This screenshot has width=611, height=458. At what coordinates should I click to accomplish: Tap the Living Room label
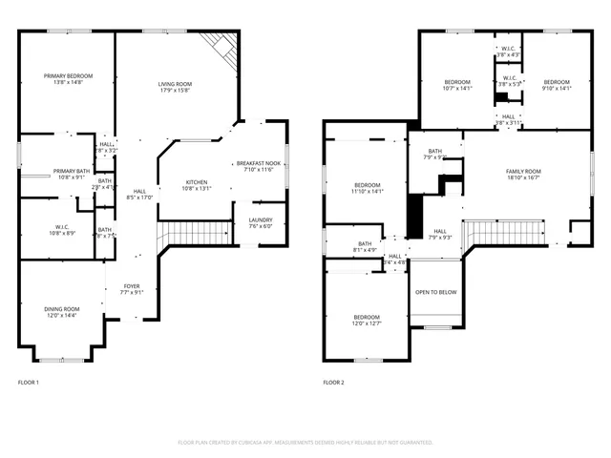[x=175, y=88]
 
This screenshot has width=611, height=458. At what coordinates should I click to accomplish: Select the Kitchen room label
[x=197, y=184]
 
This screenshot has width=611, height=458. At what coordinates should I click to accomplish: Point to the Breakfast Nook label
[x=259, y=165]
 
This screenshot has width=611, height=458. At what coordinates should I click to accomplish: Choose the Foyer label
[x=132, y=289]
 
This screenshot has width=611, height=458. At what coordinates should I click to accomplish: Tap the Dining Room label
[x=62, y=312]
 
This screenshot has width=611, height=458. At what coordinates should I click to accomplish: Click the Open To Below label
[x=435, y=292]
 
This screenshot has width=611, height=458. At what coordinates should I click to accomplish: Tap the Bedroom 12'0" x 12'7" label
[x=367, y=320]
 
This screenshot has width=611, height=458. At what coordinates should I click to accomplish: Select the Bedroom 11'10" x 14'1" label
[x=368, y=188]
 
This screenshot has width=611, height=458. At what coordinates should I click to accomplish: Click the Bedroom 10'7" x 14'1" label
[x=457, y=85]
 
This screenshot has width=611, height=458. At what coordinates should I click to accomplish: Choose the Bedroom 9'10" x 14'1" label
[x=556, y=85]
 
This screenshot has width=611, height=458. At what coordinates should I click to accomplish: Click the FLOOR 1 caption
[x=29, y=382]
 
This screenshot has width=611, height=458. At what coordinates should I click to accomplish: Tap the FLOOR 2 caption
[x=333, y=382]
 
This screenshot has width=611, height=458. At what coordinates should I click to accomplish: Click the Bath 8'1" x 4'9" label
[x=365, y=246]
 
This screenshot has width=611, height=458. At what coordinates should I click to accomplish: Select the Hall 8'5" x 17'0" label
[x=139, y=195]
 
